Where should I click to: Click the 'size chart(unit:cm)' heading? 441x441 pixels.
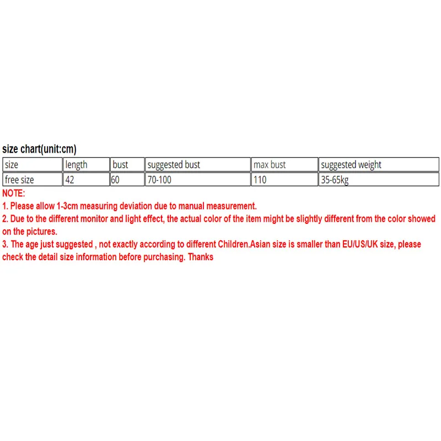coord(39,149)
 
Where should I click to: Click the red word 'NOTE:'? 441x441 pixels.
coord(14,193)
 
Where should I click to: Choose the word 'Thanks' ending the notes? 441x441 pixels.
coord(201,257)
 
